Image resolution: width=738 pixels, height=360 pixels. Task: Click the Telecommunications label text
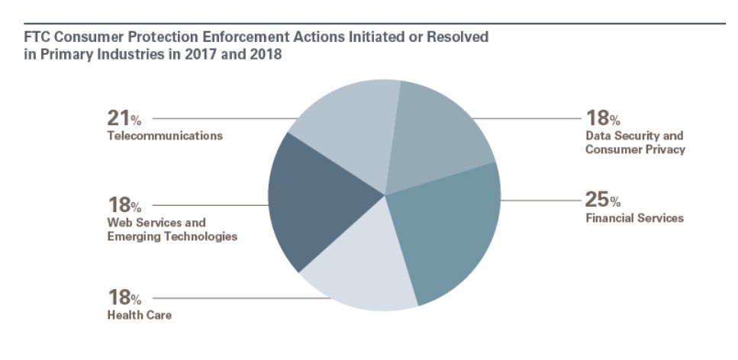(165, 137)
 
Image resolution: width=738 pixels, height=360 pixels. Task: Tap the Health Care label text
(140, 315)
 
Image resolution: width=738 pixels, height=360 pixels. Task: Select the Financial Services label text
(634, 218)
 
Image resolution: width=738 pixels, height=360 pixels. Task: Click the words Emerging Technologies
(172, 236)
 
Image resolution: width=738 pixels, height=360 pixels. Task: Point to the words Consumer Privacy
(635, 149)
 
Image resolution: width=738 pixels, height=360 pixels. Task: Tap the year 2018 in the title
(266, 55)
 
